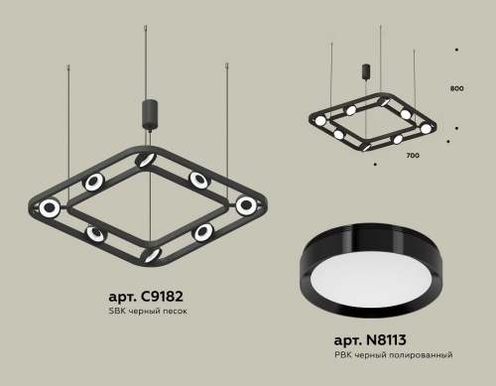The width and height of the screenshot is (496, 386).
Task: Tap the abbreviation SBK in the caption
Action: (x=117, y=312)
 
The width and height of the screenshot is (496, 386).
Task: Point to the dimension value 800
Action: (x=456, y=88)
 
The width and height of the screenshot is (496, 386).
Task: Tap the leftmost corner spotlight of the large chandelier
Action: (x=49, y=206)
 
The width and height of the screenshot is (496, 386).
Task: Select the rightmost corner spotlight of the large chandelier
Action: (x=246, y=204)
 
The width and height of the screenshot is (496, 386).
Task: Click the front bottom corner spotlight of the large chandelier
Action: (x=151, y=254)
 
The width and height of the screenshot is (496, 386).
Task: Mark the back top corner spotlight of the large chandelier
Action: (x=147, y=159)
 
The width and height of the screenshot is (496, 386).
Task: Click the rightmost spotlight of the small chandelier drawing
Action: (x=427, y=128)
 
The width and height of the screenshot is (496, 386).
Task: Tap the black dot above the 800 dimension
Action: (x=456, y=49)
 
